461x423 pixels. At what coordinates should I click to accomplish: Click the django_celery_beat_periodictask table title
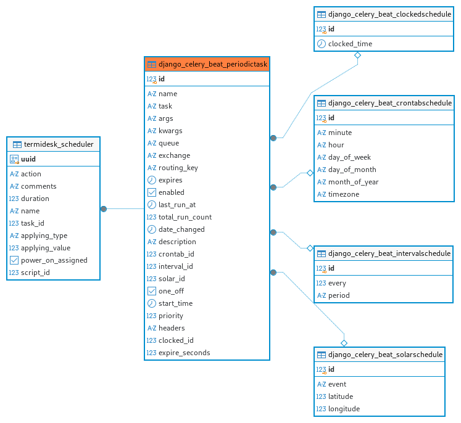tap(212, 64)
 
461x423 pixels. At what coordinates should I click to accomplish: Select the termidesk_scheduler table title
tap(59, 144)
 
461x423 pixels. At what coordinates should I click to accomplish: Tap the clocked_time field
tap(350, 44)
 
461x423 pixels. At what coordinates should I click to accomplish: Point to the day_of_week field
tap(349, 157)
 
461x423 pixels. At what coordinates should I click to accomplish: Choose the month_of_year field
tap(353, 182)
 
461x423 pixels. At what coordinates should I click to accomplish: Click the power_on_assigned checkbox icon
tap(14, 260)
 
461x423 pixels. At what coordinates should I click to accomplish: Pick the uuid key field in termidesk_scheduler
tap(28, 159)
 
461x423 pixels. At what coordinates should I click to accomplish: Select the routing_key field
tap(178, 168)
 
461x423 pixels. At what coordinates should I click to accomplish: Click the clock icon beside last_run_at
tap(151, 205)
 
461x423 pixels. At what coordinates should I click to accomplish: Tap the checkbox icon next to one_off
tap(151, 291)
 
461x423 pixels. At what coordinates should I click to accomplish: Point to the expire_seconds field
tap(185, 353)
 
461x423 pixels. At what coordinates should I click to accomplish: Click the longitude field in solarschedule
tap(344, 409)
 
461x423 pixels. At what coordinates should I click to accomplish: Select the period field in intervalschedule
tap(339, 295)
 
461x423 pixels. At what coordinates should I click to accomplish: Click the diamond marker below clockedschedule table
tap(357, 55)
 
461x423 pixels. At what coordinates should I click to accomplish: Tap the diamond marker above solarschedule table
tap(344, 343)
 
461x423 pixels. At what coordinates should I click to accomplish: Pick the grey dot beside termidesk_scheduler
tap(104, 209)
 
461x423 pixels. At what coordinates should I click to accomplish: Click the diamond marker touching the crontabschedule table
tap(310, 173)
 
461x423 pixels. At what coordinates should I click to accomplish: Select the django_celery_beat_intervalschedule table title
tap(389, 253)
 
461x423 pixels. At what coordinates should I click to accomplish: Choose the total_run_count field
tap(185, 217)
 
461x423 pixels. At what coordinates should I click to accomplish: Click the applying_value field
tap(46, 248)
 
